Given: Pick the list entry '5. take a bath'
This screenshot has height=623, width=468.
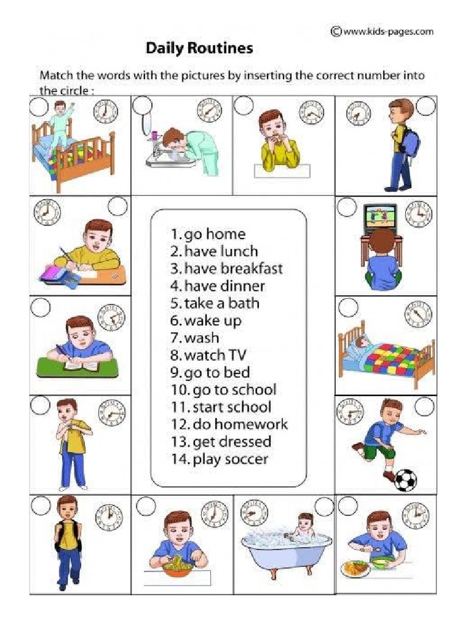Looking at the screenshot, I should (214, 303).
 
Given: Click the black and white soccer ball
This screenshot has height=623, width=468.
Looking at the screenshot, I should (406, 479).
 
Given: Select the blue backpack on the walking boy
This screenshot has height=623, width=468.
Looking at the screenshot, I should (409, 141).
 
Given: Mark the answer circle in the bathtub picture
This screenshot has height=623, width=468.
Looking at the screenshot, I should (324, 506).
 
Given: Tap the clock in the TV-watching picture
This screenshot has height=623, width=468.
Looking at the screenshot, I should (418, 214).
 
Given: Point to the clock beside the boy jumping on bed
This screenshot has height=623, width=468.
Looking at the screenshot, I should (105, 112).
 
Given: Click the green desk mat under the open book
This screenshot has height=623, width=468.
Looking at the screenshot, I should (77, 367).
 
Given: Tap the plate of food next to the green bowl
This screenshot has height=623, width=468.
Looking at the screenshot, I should (355, 568).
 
